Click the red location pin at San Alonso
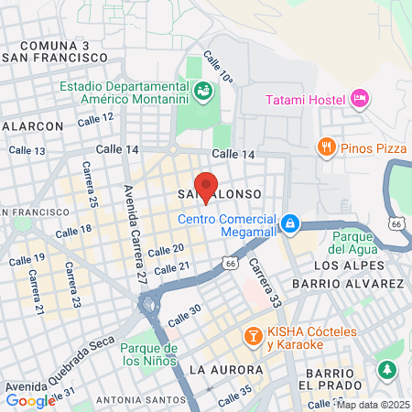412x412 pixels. point(207,186)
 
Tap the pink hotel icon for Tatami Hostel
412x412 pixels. point(359,98)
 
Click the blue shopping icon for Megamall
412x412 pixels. point(289,222)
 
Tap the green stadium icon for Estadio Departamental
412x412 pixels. point(201,91)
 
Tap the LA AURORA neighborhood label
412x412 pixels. point(221,369)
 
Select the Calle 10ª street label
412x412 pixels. point(221,68)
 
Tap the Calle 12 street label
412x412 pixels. point(95,119)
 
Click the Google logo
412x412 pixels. point(30,401)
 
